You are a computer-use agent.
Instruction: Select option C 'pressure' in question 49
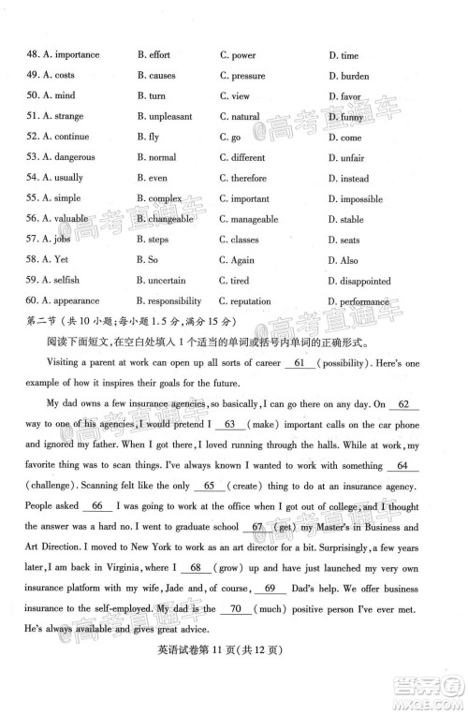click(x=242, y=77)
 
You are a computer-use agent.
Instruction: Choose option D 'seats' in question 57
click(x=345, y=240)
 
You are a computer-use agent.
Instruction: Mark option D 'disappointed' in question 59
click(x=359, y=281)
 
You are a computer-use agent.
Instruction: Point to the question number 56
click(x=32, y=220)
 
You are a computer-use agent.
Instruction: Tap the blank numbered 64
click(x=402, y=465)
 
